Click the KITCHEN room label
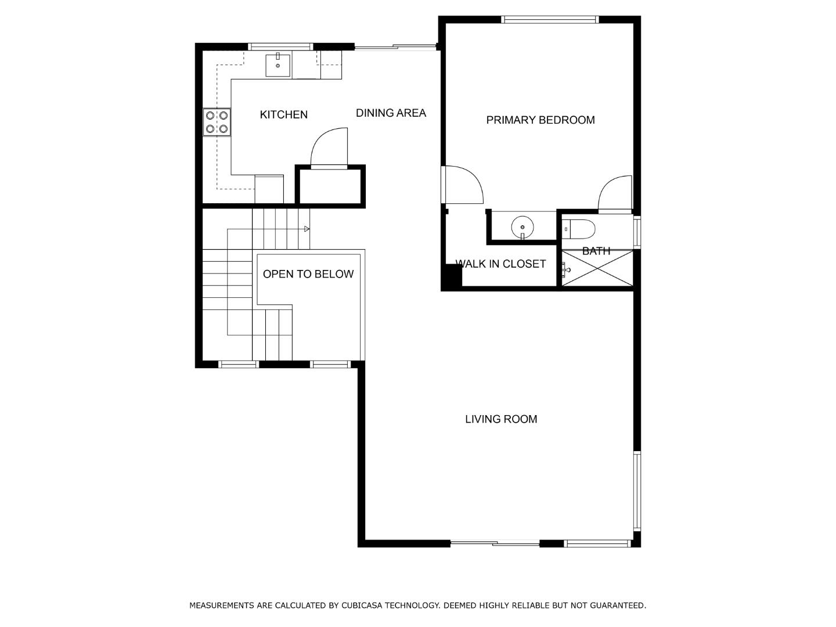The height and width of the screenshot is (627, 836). (x=283, y=115)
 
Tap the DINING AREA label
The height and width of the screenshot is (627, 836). (x=391, y=113)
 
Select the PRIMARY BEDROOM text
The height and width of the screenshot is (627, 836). (x=540, y=120)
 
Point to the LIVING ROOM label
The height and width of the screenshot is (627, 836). (x=500, y=419)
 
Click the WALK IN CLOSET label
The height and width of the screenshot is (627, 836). (x=500, y=264)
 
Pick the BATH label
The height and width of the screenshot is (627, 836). (x=596, y=251)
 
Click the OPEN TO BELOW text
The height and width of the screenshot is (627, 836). (x=308, y=274)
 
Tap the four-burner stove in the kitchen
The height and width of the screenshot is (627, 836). (x=217, y=122)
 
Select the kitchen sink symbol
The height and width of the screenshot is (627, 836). (x=278, y=65)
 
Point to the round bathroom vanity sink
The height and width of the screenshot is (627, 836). (x=522, y=228)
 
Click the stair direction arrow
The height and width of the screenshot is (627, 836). (x=307, y=229)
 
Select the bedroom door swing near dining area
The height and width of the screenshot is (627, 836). (x=463, y=185)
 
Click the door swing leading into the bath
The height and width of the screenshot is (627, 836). (x=615, y=193)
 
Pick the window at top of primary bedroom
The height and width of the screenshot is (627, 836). (x=549, y=20)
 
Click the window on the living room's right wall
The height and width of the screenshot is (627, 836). (x=637, y=491)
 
